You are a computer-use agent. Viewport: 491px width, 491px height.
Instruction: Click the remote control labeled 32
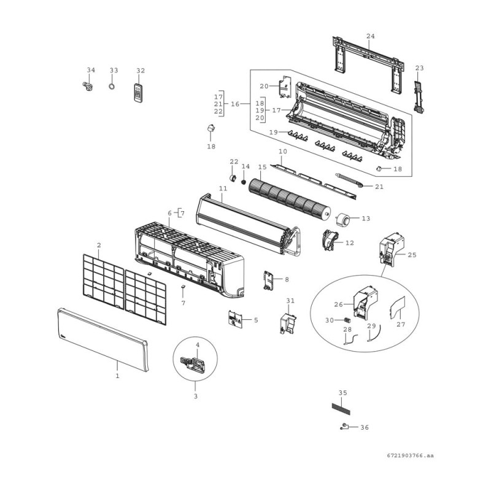click(140, 93)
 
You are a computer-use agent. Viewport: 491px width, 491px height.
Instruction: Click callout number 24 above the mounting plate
click(370, 37)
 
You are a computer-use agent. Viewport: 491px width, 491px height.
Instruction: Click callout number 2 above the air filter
click(99, 245)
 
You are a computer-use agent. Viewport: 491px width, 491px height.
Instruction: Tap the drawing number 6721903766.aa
click(410, 455)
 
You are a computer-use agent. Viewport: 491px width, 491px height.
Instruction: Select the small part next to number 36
click(345, 427)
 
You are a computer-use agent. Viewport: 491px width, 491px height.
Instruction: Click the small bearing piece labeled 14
click(244, 182)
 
